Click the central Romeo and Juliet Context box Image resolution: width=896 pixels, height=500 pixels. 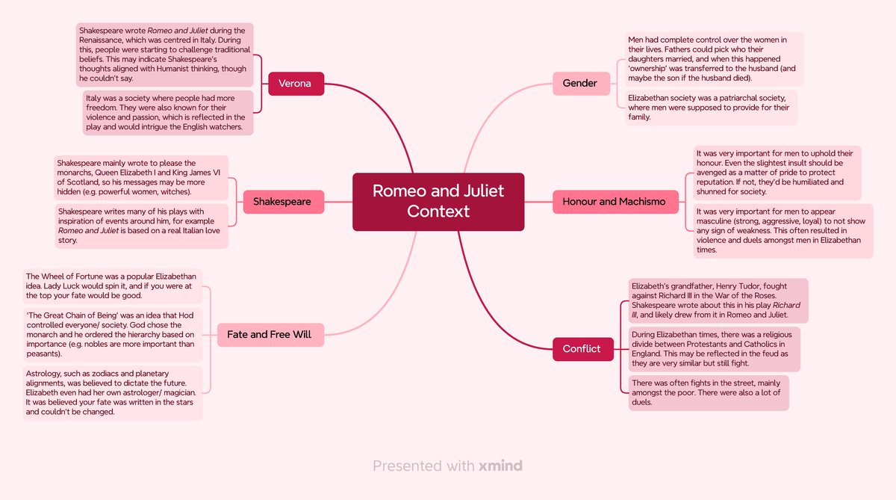tap(438, 201)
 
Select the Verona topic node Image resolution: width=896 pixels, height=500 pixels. tap(295, 84)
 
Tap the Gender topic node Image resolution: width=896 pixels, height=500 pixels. tap(580, 83)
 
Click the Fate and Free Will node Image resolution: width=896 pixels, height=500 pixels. tap(269, 334)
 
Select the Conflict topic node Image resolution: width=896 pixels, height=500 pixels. tap(582, 349)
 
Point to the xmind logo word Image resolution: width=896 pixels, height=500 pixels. tap(500, 466)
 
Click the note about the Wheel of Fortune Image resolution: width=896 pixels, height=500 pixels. tap(112, 286)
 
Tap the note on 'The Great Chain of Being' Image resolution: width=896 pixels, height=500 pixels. tap(112, 334)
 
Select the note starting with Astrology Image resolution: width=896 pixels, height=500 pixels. tap(112, 392)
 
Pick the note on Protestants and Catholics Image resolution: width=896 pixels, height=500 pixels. tap(713, 348)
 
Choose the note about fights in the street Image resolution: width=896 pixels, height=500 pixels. tap(707, 392)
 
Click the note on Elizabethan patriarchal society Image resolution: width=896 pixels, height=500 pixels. tap(710, 108)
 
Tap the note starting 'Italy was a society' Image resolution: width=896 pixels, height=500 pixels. tap(167, 113)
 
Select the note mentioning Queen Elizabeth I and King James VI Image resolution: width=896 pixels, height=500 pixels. tap(140, 178)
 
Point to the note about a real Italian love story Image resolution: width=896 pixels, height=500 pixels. tap(140, 226)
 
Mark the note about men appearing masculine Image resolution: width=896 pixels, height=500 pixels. tap(781, 231)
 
